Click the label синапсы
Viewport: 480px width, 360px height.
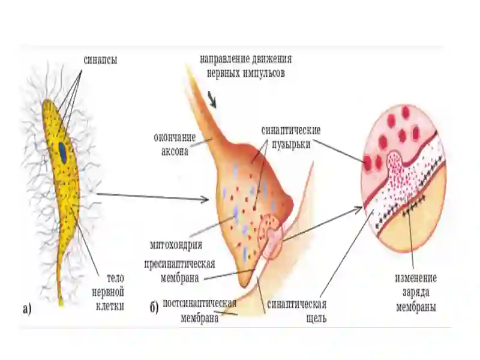point(100,60)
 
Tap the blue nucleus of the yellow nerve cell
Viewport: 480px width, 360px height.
point(63,152)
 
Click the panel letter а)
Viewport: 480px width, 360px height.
point(27,308)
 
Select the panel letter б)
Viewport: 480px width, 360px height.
point(154,307)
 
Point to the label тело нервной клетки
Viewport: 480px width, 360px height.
point(109,292)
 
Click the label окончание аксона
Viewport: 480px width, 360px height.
point(175,144)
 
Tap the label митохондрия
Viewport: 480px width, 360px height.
point(176,245)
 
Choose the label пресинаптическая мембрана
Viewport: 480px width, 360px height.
point(179,271)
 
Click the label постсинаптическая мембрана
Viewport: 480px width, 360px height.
point(199,310)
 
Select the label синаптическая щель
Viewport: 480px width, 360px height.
point(296,311)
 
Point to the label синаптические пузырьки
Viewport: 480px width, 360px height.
point(291,137)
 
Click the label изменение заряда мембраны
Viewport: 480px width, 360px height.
point(416,292)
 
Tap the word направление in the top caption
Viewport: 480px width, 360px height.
point(225,59)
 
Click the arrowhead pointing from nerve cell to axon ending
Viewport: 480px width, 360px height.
point(206,200)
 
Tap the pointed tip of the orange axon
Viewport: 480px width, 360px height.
point(187,67)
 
